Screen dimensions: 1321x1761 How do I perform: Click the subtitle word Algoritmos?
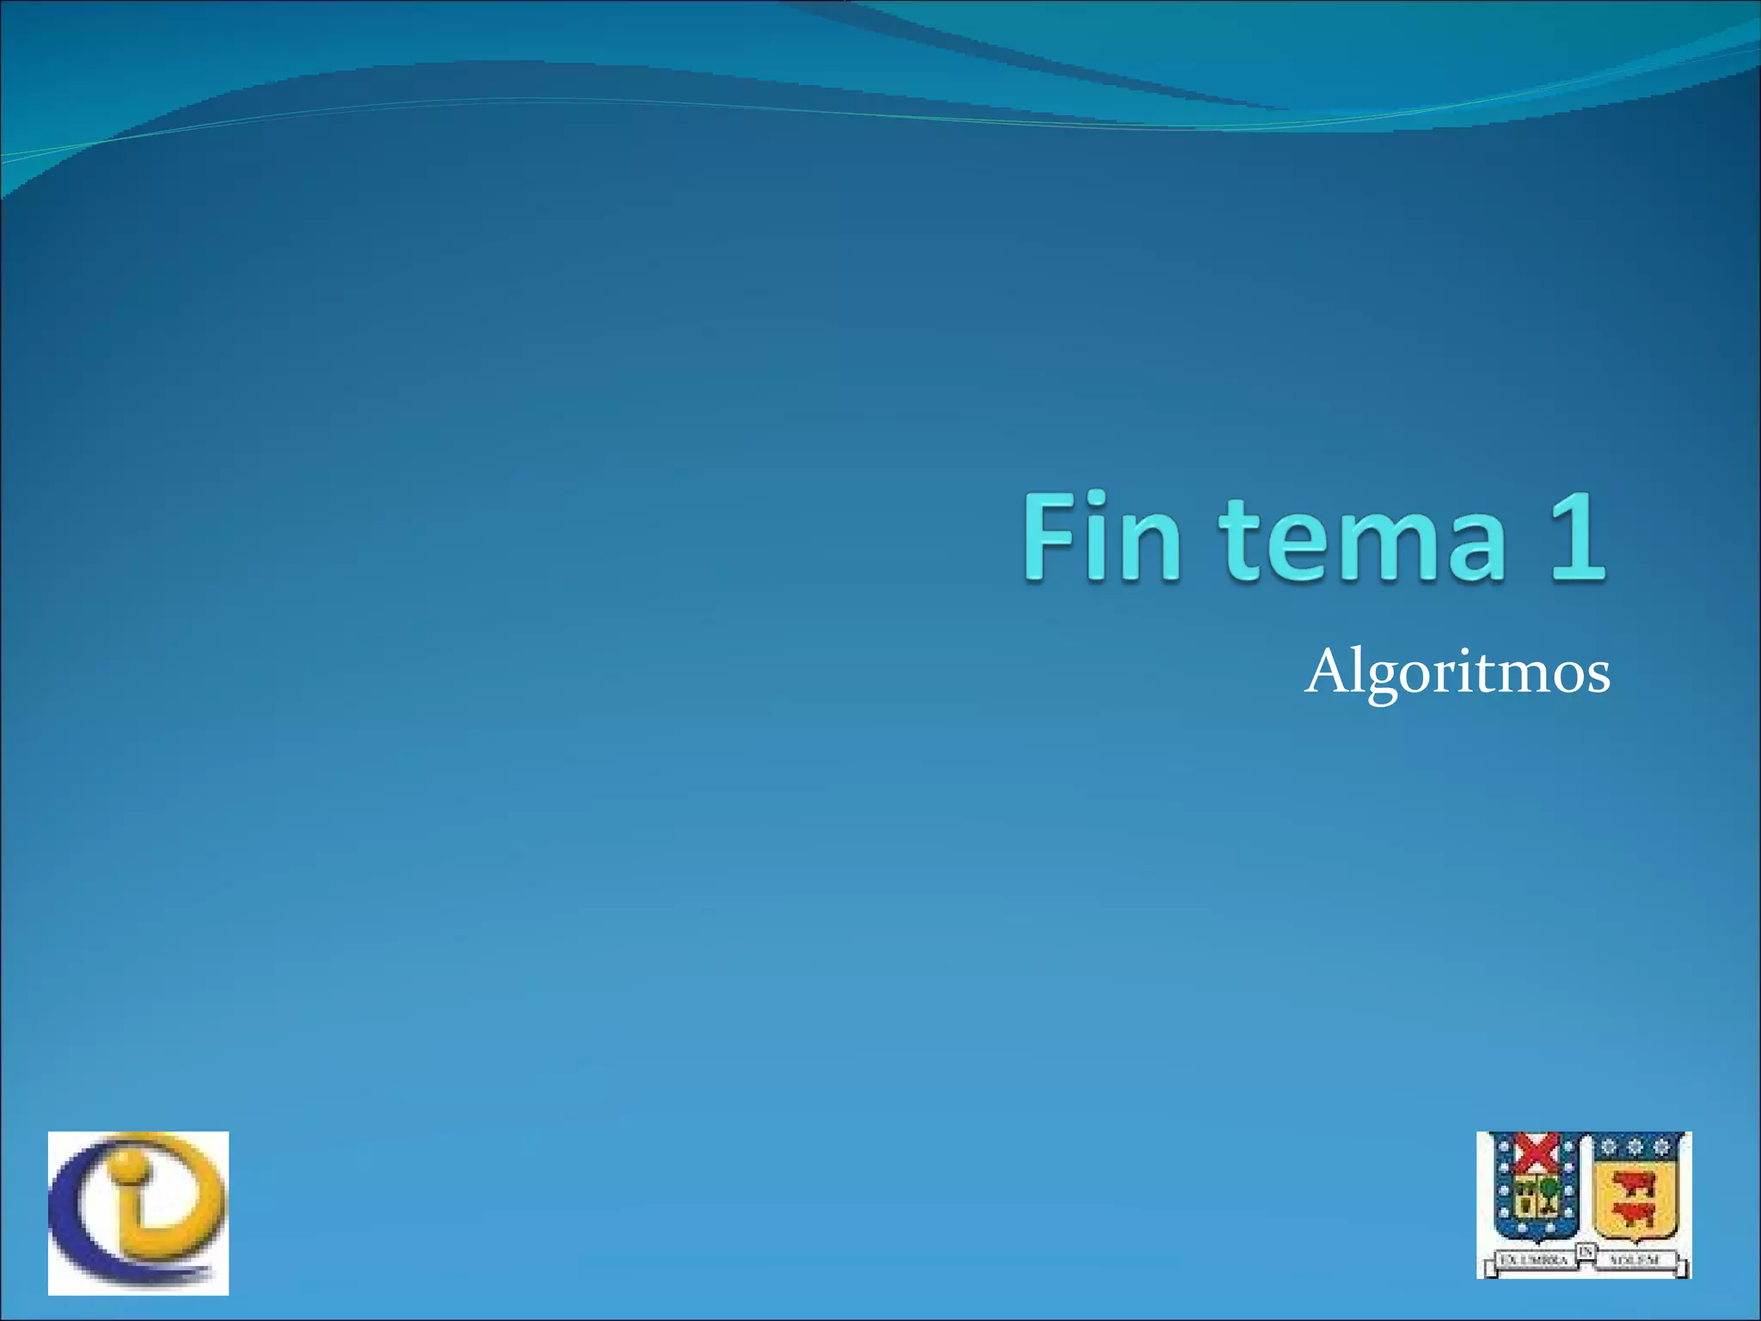point(1457,673)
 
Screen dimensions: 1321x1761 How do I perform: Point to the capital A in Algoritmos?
point(1325,671)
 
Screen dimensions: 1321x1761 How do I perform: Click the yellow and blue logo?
point(138,1213)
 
